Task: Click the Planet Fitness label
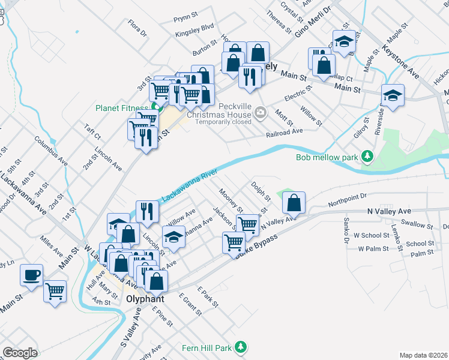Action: click(x=121, y=109)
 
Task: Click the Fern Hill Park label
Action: click(x=206, y=347)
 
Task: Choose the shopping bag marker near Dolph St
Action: click(x=294, y=204)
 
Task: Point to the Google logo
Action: click(x=20, y=353)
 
